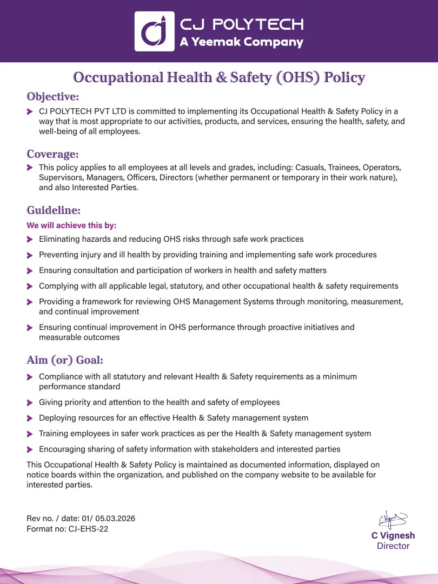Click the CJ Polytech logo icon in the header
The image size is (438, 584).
coord(154,31)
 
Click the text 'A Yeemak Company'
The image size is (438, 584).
coord(241,42)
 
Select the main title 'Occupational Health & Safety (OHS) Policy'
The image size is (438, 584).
coord(219,77)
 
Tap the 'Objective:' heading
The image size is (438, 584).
coord(53,97)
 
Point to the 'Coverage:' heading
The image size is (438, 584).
coord(52,154)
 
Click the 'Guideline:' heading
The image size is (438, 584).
coord(54,210)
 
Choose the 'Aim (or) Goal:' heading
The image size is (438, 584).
coord(65,360)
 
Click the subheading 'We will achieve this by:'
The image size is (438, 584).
coord(71,225)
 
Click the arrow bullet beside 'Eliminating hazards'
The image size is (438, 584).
coord(30,239)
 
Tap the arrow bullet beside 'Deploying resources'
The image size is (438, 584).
coord(30,418)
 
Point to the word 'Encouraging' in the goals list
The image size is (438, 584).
coord(62,449)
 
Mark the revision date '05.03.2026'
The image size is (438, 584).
coord(115,518)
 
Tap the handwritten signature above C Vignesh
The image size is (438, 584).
coord(393,520)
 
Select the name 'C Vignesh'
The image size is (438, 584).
coord(393,535)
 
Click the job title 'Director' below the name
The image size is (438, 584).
coord(393,546)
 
